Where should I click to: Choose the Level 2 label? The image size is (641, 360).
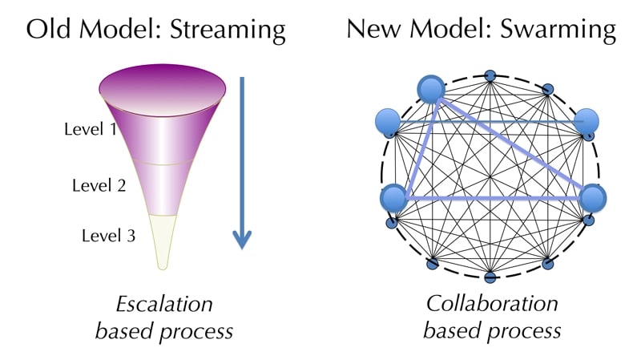point(99,186)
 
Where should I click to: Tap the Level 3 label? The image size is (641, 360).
point(109,236)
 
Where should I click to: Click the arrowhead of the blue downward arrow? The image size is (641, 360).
point(242,238)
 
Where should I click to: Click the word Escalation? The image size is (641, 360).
point(164,305)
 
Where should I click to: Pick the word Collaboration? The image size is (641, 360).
point(491,305)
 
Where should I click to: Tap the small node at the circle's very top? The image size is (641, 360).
point(490,77)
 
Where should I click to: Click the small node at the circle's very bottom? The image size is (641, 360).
point(490,277)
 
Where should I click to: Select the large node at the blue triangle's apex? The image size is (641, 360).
point(432,89)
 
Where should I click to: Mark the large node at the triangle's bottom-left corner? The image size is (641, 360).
point(393,197)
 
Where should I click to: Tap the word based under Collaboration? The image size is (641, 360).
point(450,330)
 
